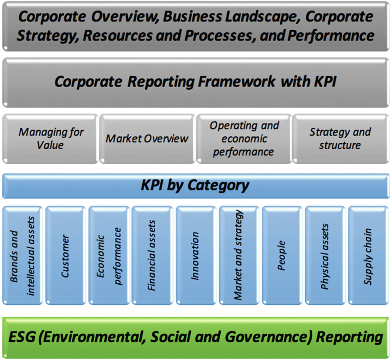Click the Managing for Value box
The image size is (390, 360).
click(51, 139)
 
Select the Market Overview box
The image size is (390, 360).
click(147, 139)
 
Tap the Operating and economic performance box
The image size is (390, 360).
click(244, 139)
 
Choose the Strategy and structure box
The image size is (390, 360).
click(341, 139)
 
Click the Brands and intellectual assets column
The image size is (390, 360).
click(23, 255)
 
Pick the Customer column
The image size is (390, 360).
click(66, 255)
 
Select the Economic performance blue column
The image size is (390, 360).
click(109, 255)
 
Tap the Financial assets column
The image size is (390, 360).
click(152, 255)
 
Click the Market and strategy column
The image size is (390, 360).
click(239, 255)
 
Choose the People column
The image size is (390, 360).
click(282, 255)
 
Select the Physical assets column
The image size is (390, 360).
click(325, 255)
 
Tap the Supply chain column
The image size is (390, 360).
click(368, 255)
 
